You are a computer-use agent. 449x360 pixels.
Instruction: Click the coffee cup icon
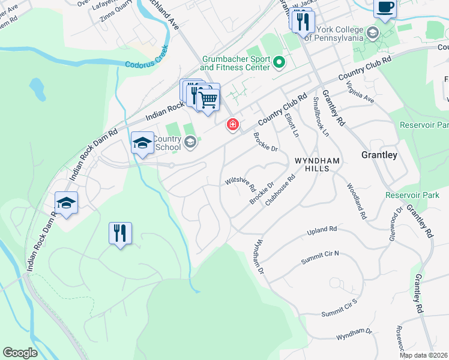tap(385, 8)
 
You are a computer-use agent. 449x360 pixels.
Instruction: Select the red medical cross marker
tap(232, 125)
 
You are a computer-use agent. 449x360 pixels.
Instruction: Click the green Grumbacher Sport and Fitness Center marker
tap(279, 61)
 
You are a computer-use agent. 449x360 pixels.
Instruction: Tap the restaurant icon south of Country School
tap(120, 233)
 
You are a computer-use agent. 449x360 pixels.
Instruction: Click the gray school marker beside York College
tap(373, 32)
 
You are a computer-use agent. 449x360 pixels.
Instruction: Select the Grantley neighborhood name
tap(379, 155)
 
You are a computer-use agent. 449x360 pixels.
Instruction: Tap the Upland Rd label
tap(322, 230)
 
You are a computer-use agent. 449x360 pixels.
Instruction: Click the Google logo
tap(20, 353)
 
